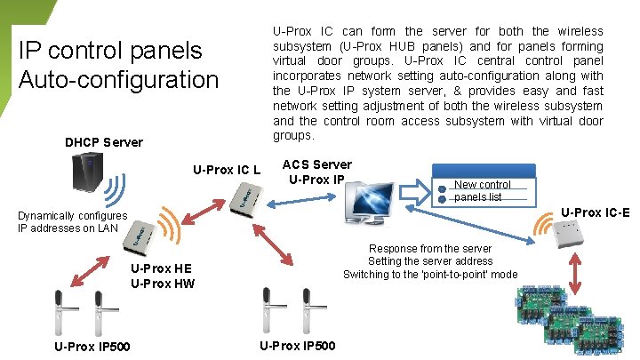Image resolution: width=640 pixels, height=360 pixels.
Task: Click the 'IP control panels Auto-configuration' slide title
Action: pyautogui.click(x=118, y=65)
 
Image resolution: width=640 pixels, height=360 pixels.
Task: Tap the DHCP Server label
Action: pyautogui.click(x=103, y=142)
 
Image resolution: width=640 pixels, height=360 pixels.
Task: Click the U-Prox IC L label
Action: pyautogui.click(x=227, y=170)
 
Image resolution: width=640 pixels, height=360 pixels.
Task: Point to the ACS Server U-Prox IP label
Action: pyautogui.click(x=316, y=172)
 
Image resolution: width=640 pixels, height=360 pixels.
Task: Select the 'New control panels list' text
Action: pyautogui.click(x=482, y=190)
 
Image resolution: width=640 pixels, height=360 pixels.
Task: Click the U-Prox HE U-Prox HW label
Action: pyautogui.click(x=162, y=276)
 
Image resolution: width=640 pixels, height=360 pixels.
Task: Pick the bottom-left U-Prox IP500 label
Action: pyautogui.click(x=92, y=347)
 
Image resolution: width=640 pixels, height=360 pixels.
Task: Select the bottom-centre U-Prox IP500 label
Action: pyautogui.click(x=298, y=346)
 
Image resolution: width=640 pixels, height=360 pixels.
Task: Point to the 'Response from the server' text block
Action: pyautogui.click(x=430, y=261)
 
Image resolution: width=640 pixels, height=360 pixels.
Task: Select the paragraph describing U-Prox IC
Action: pyautogui.click(x=437, y=84)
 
